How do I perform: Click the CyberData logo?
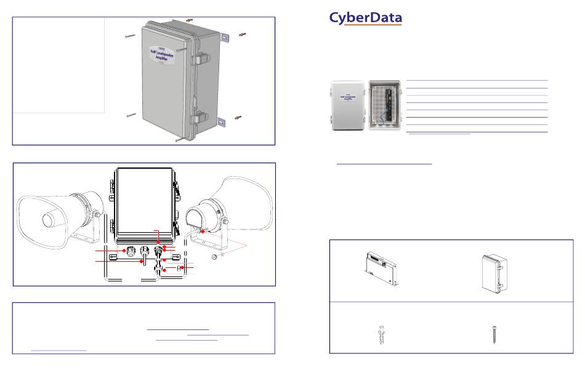click(x=366, y=19)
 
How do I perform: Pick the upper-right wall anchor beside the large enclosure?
click(x=242, y=33)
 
